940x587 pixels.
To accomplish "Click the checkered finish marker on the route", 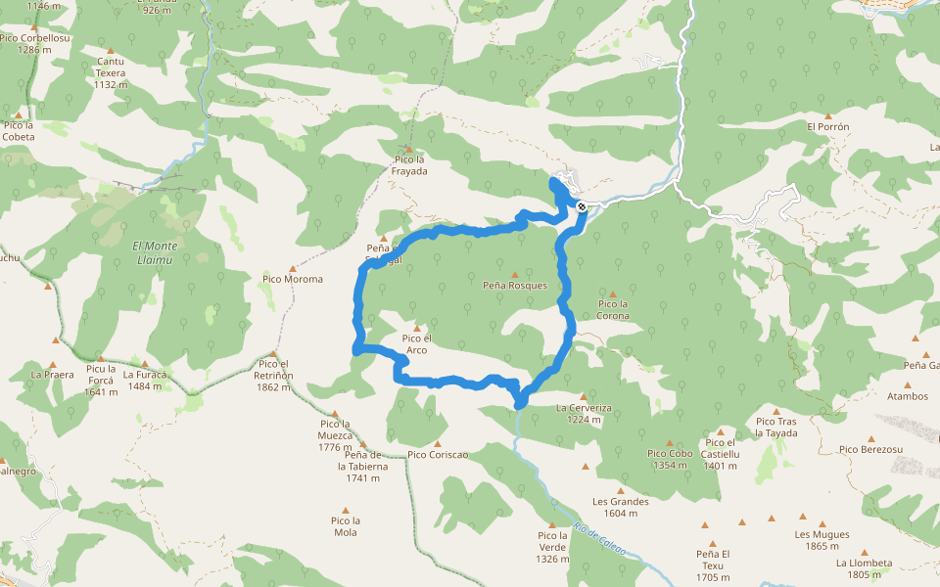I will coord(582,206).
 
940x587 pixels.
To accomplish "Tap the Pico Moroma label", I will coord(292,279).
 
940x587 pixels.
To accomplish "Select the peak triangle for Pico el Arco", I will coord(417,328).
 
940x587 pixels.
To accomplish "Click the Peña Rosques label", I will coord(514,286).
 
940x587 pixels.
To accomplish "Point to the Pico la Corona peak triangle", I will coord(613,293).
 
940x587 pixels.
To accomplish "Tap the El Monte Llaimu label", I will coord(155,252).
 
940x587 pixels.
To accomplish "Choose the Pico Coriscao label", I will coord(438,454).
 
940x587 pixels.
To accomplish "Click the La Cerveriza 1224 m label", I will coord(584,413).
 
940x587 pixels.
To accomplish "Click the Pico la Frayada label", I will coord(409,164).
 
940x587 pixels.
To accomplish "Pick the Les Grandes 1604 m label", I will coord(621,507).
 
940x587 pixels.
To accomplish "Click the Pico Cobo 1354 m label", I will coord(670,459).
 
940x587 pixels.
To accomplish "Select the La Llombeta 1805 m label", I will coord(864,568).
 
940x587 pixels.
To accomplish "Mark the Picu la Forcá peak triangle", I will coord(101,357).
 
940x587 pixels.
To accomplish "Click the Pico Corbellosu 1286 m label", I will coord(34,43).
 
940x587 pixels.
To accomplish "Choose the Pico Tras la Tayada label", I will coord(776,427).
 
